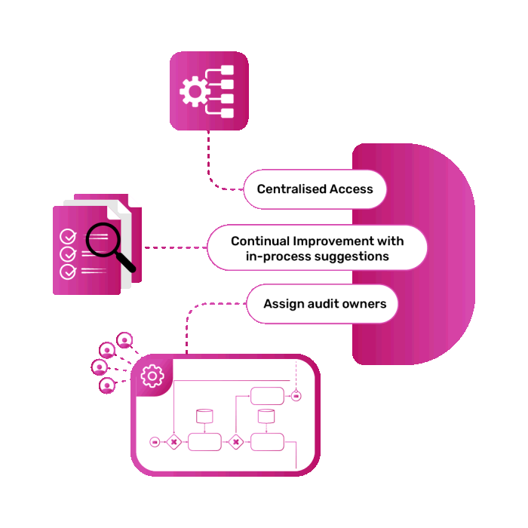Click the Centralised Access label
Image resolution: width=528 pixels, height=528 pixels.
[315, 189]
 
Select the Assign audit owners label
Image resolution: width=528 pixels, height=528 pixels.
[324, 304]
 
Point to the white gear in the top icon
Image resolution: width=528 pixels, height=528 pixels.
[195, 91]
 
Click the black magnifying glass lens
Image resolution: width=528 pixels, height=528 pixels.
[103, 240]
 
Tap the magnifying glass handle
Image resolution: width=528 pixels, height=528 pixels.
[126, 262]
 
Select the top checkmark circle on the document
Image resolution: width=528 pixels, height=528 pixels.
[68, 236]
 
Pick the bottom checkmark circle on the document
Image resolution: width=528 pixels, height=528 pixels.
[68, 272]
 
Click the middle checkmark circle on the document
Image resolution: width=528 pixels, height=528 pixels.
[68, 254]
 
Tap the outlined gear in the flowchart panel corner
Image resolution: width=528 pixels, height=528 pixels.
[152, 376]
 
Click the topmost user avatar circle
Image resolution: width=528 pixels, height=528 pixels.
[124, 340]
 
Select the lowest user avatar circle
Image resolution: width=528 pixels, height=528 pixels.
[107, 385]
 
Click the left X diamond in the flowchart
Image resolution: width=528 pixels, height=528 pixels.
[173, 442]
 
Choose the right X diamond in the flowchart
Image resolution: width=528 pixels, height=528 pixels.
[235, 442]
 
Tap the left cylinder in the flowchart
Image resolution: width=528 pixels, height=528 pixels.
[204, 416]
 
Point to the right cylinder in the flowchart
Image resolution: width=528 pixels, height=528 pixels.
[266, 416]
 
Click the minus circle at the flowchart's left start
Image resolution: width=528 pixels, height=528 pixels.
[155, 442]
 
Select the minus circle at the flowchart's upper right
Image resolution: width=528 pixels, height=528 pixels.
[296, 396]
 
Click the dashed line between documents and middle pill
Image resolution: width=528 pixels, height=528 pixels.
[176, 247]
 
